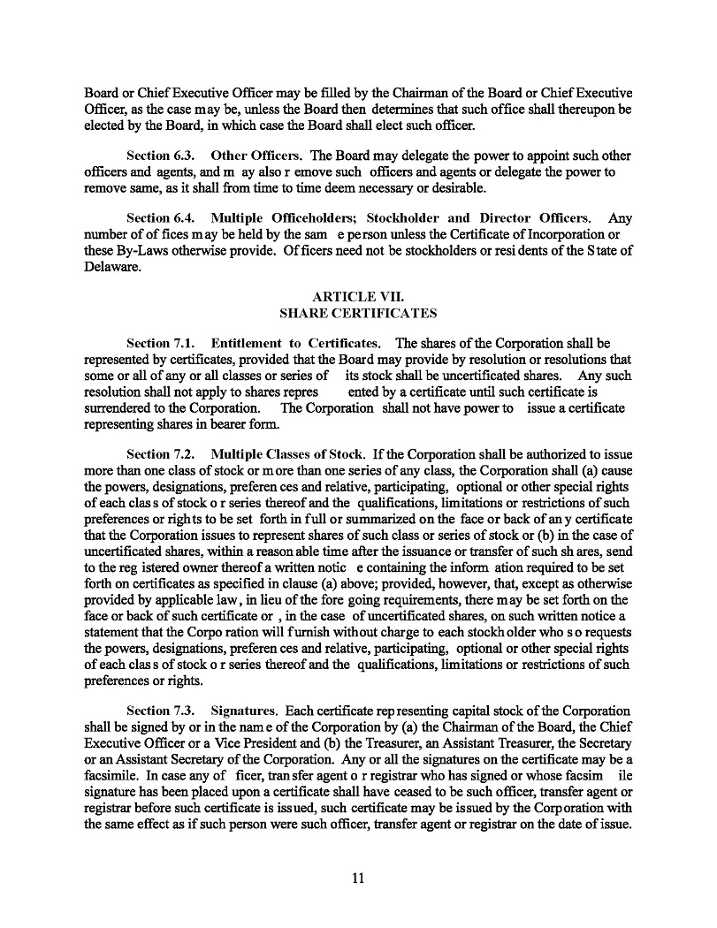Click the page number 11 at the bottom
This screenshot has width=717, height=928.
click(x=358, y=879)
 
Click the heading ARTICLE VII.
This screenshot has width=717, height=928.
click(x=358, y=297)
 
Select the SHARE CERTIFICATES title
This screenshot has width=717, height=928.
click(x=358, y=313)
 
